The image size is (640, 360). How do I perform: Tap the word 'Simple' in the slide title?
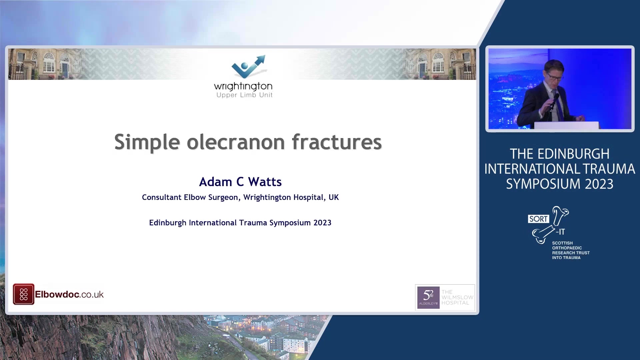(147, 143)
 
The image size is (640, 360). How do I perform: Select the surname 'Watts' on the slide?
(265, 182)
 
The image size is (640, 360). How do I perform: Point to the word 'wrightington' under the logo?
(243, 86)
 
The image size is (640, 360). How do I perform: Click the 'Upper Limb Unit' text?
(244, 95)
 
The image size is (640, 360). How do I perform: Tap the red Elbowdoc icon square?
(23, 294)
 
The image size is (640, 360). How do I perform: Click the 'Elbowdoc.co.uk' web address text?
(69, 294)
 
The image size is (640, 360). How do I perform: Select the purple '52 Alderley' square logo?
(428, 297)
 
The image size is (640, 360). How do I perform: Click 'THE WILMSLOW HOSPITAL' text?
(457, 297)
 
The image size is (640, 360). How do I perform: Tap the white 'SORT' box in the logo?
(538, 219)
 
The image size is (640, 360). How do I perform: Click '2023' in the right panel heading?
(599, 184)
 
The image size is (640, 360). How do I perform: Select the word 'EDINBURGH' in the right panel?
(573, 154)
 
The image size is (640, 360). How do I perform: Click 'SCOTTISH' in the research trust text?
(562, 243)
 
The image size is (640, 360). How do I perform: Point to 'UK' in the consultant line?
(334, 197)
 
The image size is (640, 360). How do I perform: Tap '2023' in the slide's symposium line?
(322, 223)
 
